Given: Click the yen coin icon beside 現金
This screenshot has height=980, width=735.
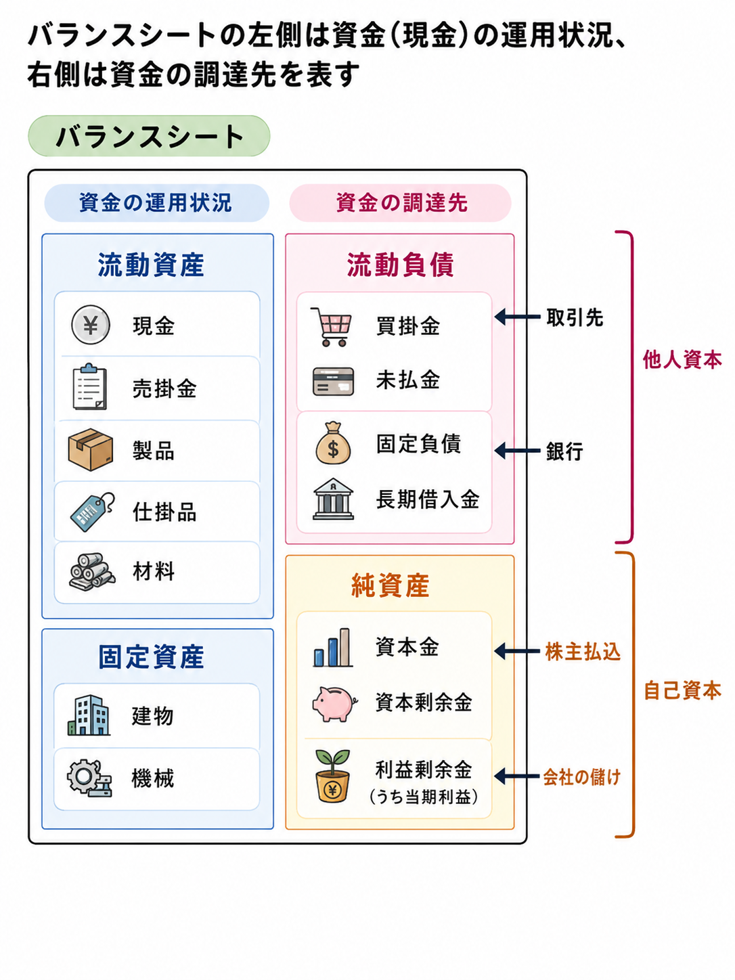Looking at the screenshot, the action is point(91,325).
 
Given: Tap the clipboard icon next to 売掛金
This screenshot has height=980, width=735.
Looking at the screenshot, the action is point(90,386).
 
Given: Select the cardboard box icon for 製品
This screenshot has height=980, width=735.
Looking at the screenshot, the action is point(91,449).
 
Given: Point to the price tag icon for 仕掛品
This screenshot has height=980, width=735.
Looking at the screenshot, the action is point(92,512).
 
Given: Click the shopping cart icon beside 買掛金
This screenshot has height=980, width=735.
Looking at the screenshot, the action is point(331,326).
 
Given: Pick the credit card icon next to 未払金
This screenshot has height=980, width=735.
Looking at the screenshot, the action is point(334,381).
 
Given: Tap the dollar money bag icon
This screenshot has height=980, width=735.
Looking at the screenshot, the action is point(334,443).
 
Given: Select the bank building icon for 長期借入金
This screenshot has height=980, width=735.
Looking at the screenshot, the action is point(334,499).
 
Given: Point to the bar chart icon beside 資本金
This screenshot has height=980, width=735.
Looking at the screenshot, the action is point(332,648).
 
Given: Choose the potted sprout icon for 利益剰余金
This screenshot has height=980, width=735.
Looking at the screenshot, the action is point(332,776).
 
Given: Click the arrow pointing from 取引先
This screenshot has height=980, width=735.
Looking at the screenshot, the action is point(517,317).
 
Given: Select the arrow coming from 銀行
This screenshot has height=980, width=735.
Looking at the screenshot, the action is point(517,451).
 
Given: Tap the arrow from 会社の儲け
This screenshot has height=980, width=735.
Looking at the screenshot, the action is point(517,776).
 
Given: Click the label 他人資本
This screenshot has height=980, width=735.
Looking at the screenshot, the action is point(682,359).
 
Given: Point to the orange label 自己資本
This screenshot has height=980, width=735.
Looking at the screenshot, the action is point(682,691).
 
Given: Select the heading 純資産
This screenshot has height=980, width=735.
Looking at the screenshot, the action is point(391,585).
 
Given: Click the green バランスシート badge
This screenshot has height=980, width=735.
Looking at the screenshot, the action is point(149,136).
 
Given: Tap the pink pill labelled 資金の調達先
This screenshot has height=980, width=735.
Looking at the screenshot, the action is point(400,202).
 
